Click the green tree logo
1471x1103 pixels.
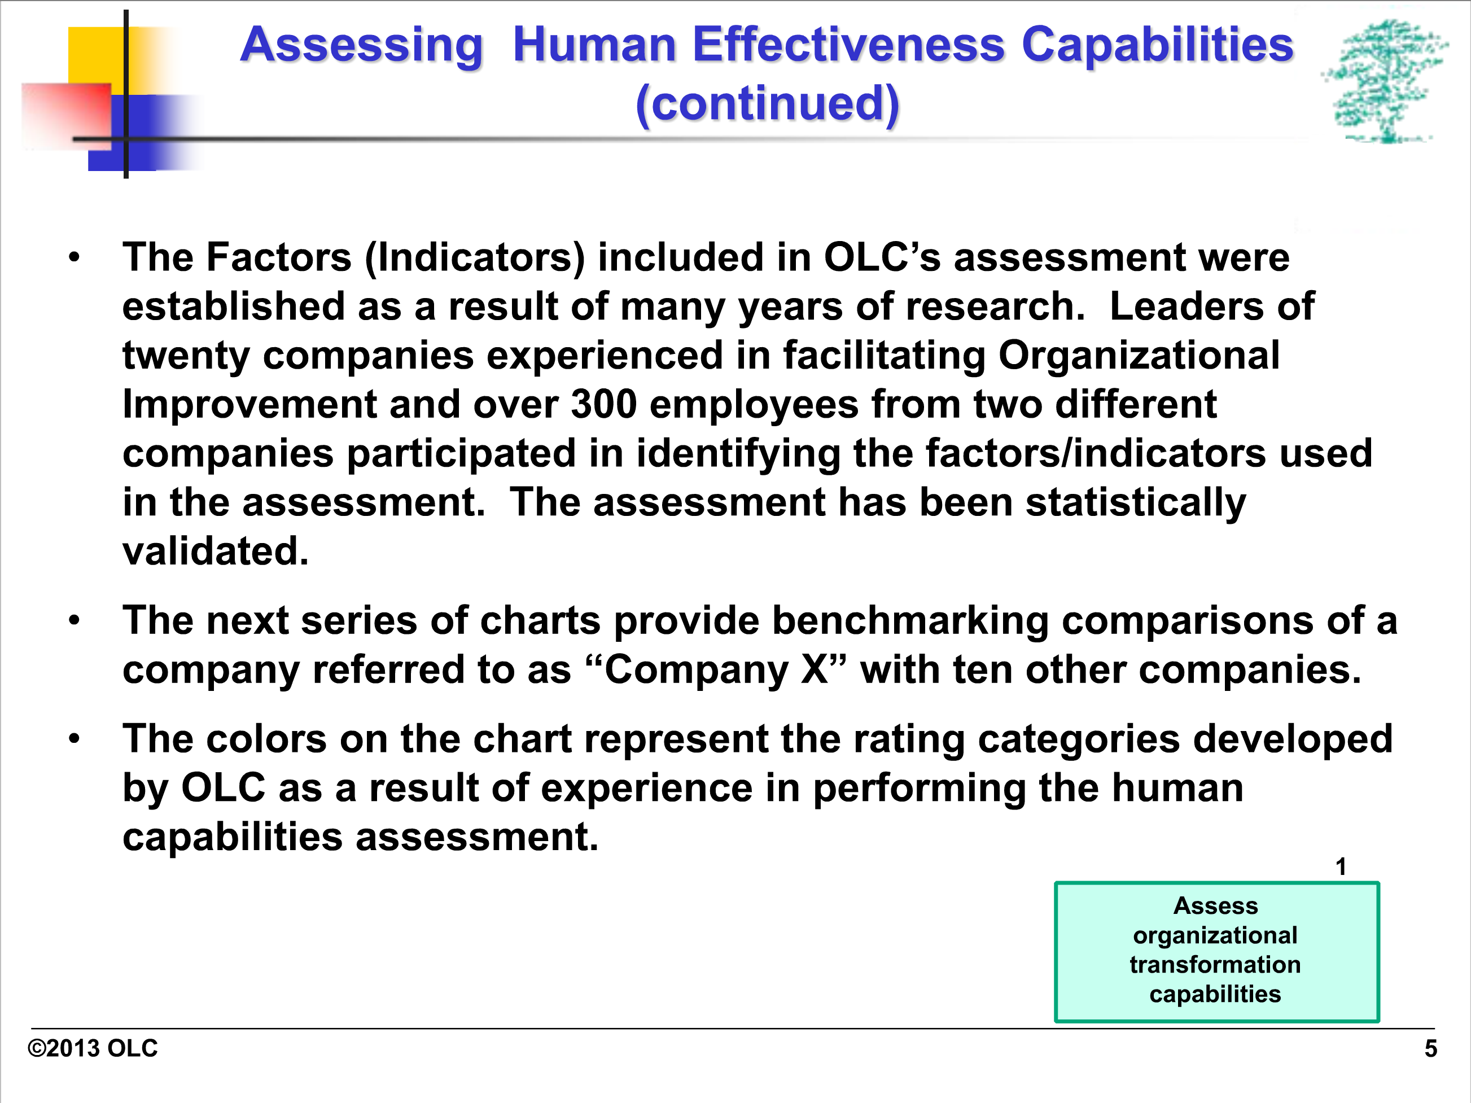coord(1385,81)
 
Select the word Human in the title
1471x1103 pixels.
coord(594,45)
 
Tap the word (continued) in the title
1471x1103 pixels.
coord(768,104)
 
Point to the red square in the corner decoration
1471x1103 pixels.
coord(67,113)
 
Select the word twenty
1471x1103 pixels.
coord(186,356)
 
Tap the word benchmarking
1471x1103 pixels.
coord(909,621)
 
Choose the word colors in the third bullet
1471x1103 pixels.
coord(266,739)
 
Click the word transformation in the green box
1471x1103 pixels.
coord(1215,964)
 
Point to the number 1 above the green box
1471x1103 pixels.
coord(1341,866)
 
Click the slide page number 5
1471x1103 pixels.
coord(1431,1048)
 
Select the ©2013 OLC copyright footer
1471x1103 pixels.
coord(93,1048)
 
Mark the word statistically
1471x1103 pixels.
coord(1136,502)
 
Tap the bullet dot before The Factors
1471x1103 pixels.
coord(74,257)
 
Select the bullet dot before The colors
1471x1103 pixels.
coord(74,739)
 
